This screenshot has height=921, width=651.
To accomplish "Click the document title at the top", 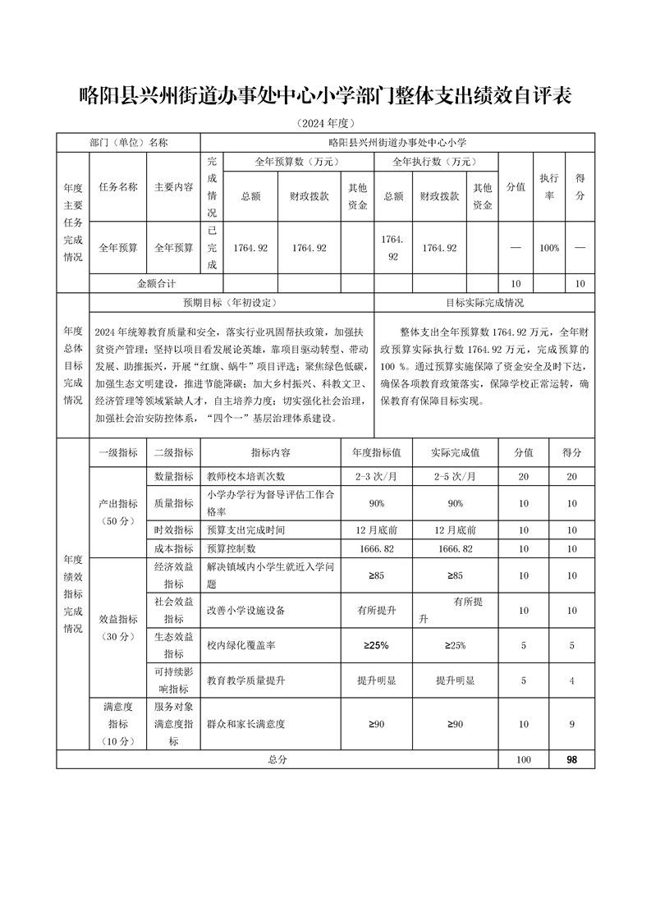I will click(325, 95).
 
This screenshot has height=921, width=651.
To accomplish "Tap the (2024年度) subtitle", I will click(325, 123).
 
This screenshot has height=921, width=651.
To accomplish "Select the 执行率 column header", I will click(548, 186).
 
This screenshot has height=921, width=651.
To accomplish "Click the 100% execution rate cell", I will click(548, 247).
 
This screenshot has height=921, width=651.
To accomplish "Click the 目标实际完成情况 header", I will click(484, 302).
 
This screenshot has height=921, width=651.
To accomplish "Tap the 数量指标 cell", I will click(173, 476).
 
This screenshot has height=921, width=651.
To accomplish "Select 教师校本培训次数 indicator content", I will click(245, 476).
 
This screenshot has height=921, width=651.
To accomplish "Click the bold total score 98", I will click(571, 760).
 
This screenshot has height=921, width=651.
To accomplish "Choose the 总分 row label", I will click(277, 760).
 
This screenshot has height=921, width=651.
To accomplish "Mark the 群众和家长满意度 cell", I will click(246, 724).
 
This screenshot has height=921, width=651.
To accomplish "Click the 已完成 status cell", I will click(212, 247).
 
